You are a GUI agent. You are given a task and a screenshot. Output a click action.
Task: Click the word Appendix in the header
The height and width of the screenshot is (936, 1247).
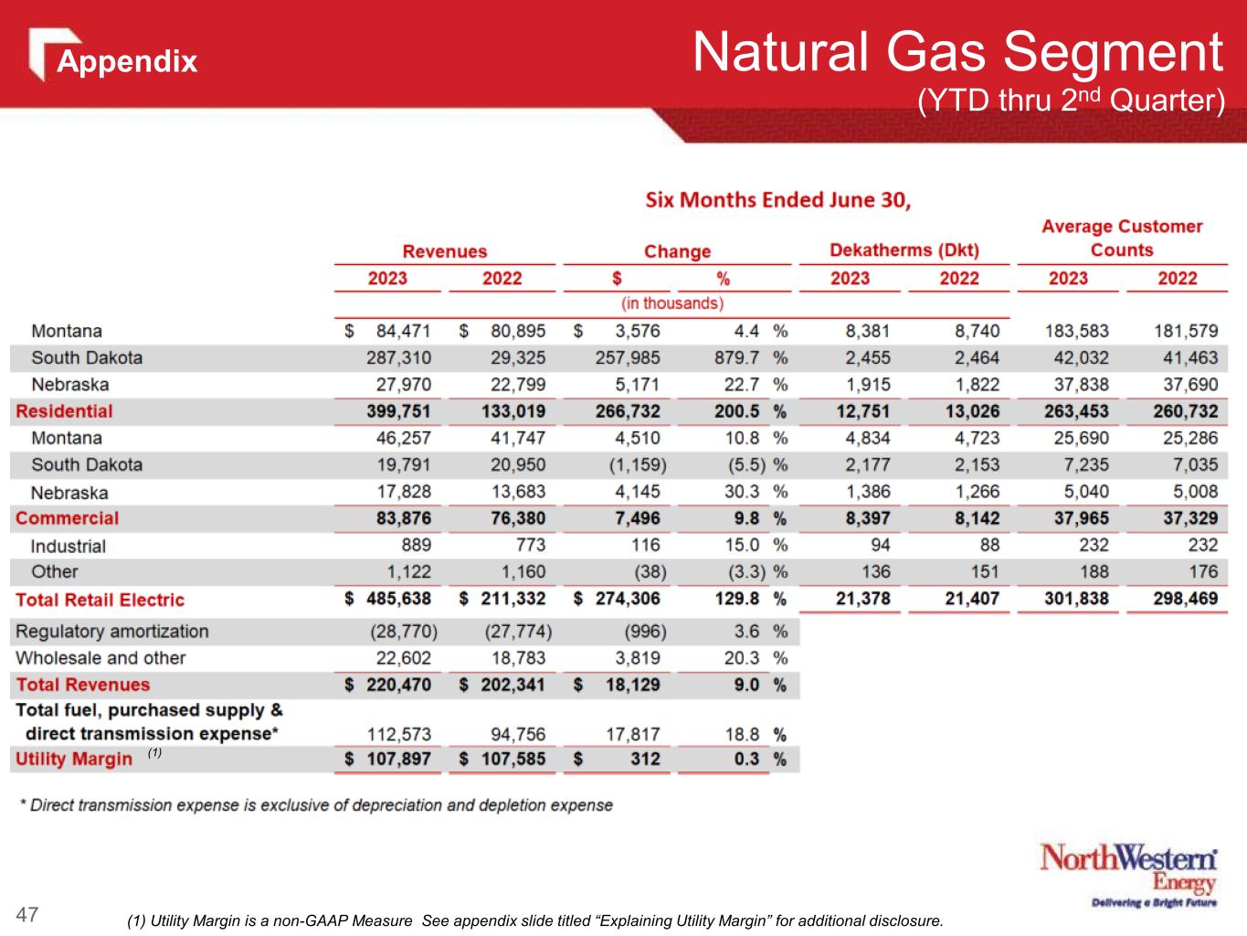(x=127, y=61)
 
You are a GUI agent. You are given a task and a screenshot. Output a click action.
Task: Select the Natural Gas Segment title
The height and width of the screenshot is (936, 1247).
(x=956, y=53)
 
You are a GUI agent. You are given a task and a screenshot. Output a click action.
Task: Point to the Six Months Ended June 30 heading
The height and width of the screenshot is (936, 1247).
(x=778, y=200)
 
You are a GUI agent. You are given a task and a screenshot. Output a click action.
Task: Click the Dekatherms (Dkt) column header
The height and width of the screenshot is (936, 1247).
(x=904, y=250)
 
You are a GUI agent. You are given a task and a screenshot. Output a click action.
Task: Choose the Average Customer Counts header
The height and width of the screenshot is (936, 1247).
(x=1122, y=238)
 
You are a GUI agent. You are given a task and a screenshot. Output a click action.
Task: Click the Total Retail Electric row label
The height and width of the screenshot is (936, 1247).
(x=100, y=600)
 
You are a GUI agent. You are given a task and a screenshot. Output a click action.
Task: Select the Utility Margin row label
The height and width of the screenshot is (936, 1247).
(x=74, y=759)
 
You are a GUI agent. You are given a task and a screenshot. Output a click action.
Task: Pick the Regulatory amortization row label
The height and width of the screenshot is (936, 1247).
(x=111, y=631)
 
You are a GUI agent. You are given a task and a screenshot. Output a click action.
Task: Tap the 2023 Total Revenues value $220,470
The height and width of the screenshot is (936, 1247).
(x=387, y=685)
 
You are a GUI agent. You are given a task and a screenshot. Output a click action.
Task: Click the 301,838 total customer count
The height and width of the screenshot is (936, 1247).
(x=1075, y=599)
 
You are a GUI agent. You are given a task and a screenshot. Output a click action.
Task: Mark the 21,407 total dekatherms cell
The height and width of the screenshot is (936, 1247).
(x=972, y=599)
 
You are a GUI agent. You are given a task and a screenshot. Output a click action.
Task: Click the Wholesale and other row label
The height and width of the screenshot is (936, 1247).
(x=100, y=657)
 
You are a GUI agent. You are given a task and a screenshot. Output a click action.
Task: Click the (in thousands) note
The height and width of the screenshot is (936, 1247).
(x=672, y=303)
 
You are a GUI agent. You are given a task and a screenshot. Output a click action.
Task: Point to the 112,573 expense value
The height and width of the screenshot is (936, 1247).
(x=398, y=733)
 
